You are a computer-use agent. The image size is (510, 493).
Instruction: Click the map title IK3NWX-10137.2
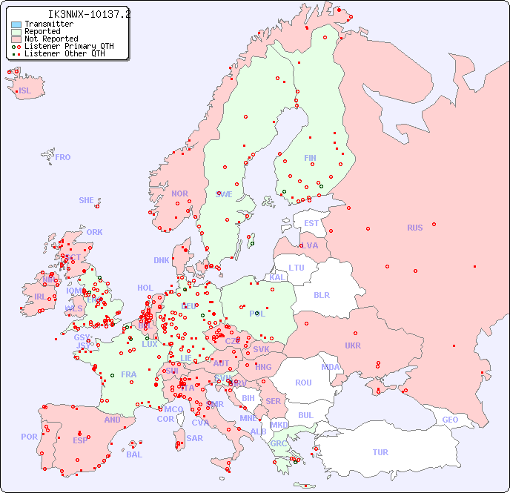[x=89, y=14]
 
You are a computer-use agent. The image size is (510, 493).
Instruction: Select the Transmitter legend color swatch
[x=16, y=24]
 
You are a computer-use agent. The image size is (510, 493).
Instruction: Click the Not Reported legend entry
[x=50, y=39]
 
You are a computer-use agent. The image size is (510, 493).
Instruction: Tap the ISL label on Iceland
[x=25, y=91]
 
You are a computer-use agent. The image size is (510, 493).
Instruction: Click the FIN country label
[x=310, y=158]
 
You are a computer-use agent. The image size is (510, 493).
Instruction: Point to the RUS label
[x=414, y=228]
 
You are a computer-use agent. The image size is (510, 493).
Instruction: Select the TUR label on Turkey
[x=380, y=452]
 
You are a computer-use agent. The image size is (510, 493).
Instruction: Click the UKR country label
[x=353, y=345]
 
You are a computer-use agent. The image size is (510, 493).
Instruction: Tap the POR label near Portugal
[x=29, y=437]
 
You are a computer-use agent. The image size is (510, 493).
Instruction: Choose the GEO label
[x=450, y=420]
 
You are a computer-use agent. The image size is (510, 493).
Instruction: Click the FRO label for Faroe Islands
[x=63, y=157]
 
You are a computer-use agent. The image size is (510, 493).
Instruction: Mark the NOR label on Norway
[x=179, y=193]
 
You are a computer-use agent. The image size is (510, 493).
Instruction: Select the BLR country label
[x=321, y=294]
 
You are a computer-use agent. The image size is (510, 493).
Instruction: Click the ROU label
[x=303, y=383]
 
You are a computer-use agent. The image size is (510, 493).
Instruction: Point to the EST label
[x=311, y=223]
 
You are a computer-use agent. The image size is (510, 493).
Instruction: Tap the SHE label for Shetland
[x=87, y=200]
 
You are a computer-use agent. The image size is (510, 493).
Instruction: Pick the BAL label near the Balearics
[x=134, y=454]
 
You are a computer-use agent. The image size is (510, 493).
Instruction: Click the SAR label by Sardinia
[x=194, y=438]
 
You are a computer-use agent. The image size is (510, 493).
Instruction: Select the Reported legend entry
[x=42, y=31]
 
